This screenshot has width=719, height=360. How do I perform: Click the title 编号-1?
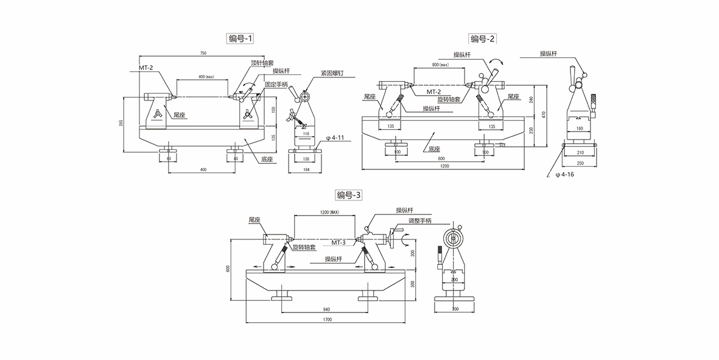[x=240, y=38]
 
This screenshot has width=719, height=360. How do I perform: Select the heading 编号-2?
[x=483, y=38]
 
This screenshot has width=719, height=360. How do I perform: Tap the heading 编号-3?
[x=349, y=195]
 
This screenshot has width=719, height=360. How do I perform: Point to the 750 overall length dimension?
[x=203, y=54]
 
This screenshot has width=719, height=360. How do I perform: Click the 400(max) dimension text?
[x=206, y=77]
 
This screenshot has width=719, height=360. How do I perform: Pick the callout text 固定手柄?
[x=276, y=85]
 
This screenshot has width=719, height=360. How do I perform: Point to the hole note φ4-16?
[x=564, y=175]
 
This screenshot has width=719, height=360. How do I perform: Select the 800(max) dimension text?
[x=440, y=65]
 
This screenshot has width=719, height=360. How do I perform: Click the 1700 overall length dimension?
[x=327, y=319]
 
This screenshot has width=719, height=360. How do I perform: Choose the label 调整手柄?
[x=419, y=221]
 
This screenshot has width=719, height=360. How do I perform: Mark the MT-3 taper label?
[x=338, y=242]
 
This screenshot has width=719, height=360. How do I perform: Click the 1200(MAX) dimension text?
[x=329, y=213]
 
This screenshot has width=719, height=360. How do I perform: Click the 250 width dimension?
[x=580, y=163]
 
